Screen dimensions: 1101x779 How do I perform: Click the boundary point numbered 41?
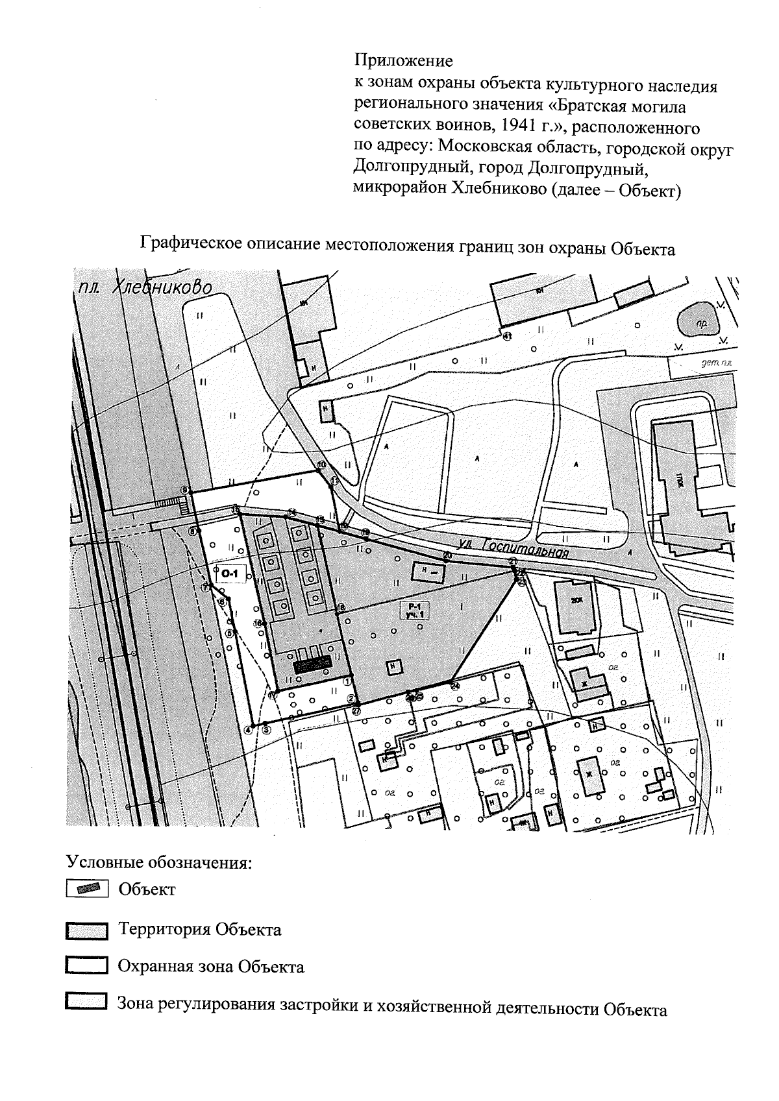point(508,335)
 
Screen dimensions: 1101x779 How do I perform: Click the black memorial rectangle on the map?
point(313,664)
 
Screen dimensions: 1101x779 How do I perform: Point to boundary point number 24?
point(454,685)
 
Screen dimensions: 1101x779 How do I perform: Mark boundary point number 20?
point(447,555)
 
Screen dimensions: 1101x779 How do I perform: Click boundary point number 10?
point(321,465)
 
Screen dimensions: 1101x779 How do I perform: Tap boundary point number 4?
point(248,729)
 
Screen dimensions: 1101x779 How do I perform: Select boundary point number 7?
point(205,587)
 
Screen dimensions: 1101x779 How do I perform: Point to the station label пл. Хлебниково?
point(144,287)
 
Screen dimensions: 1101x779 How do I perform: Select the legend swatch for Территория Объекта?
point(86,931)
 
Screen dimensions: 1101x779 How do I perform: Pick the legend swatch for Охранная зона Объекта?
point(86,967)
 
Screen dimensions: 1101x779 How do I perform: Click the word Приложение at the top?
point(402,62)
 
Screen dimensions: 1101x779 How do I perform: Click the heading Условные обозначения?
point(159,863)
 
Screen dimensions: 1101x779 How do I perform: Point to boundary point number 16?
point(341,607)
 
